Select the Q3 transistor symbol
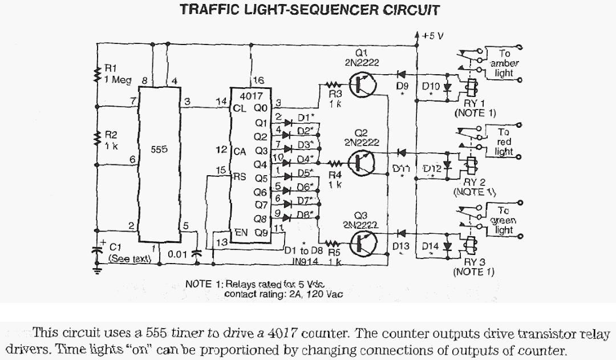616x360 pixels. point(360,243)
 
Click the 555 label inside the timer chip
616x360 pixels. point(160,149)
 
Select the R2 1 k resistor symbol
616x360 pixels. point(98,139)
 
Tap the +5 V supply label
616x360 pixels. point(432,35)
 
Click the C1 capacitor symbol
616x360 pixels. point(98,249)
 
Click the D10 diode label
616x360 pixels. point(431,86)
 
